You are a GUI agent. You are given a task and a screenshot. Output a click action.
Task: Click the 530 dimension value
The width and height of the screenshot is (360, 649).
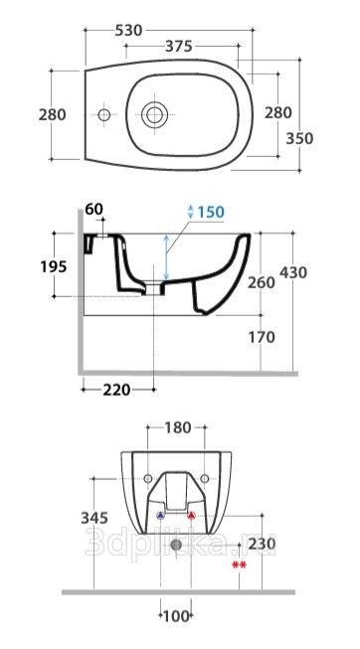tap(128, 30)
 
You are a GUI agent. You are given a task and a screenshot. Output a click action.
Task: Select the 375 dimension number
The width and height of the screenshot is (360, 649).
tap(179, 47)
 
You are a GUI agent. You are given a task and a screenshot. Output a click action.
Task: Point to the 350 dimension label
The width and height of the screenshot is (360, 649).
tap(299, 139)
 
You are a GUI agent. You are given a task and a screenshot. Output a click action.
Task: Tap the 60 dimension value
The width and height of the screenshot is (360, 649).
tap(94, 210)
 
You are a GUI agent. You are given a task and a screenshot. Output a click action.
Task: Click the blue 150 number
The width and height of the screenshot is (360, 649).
tap(211, 213)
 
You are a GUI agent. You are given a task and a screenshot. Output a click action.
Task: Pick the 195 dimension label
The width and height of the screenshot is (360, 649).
tap(54, 267)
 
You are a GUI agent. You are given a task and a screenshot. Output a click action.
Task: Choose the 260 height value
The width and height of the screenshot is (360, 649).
tap(261, 282)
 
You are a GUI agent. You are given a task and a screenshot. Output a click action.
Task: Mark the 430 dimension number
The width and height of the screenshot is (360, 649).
tap(293, 272)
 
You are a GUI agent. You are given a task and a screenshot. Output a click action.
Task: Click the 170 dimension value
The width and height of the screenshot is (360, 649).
tap(262, 337)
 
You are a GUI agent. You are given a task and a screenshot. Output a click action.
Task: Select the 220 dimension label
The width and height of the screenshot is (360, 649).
tap(116, 390)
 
